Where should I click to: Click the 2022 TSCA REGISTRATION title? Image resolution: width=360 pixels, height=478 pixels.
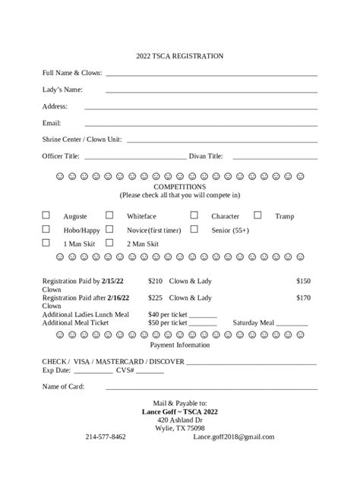pyautogui.click(x=179, y=56)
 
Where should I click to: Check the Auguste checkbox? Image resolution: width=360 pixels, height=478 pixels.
pyautogui.click(x=46, y=215)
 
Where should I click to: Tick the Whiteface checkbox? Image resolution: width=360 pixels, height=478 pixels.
pyautogui.click(x=109, y=215)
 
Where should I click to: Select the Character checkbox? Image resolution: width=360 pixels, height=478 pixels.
pyautogui.click(x=194, y=215)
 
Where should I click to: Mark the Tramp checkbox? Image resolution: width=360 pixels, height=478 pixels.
pyautogui.click(x=257, y=215)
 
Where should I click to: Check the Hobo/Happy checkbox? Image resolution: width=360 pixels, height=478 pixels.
pyautogui.click(x=46, y=228)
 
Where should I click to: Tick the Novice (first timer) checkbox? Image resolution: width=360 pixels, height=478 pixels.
pyautogui.click(x=109, y=228)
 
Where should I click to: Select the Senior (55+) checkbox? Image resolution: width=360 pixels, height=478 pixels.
pyautogui.click(x=194, y=228)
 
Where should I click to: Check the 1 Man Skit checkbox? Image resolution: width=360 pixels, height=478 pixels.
pyautogui.click(x=46, y=243)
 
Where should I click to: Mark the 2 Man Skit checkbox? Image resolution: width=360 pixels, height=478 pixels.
pyautogui.click(x=109, y=243)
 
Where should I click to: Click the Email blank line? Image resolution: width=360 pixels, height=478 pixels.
pyautogui.click(x=201, y=124)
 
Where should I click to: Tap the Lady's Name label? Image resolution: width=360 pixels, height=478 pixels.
pyautogui.click(x=62, y=90)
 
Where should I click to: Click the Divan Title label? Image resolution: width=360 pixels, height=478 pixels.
pyautogui.click(x=206, y=156)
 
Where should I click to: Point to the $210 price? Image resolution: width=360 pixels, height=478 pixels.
pyautogui.click(x=156, y=281)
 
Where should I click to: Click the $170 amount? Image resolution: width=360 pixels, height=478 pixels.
pyautogui.click(x=303, y=297)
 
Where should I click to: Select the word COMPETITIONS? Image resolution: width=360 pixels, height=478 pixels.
pyautogui.click(x=179, y=187)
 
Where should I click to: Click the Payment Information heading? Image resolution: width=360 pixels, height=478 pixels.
pyautogui.click(x=179, y=345)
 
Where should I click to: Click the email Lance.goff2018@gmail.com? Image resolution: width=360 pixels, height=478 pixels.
pyautogui.click(x=234, y=437)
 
